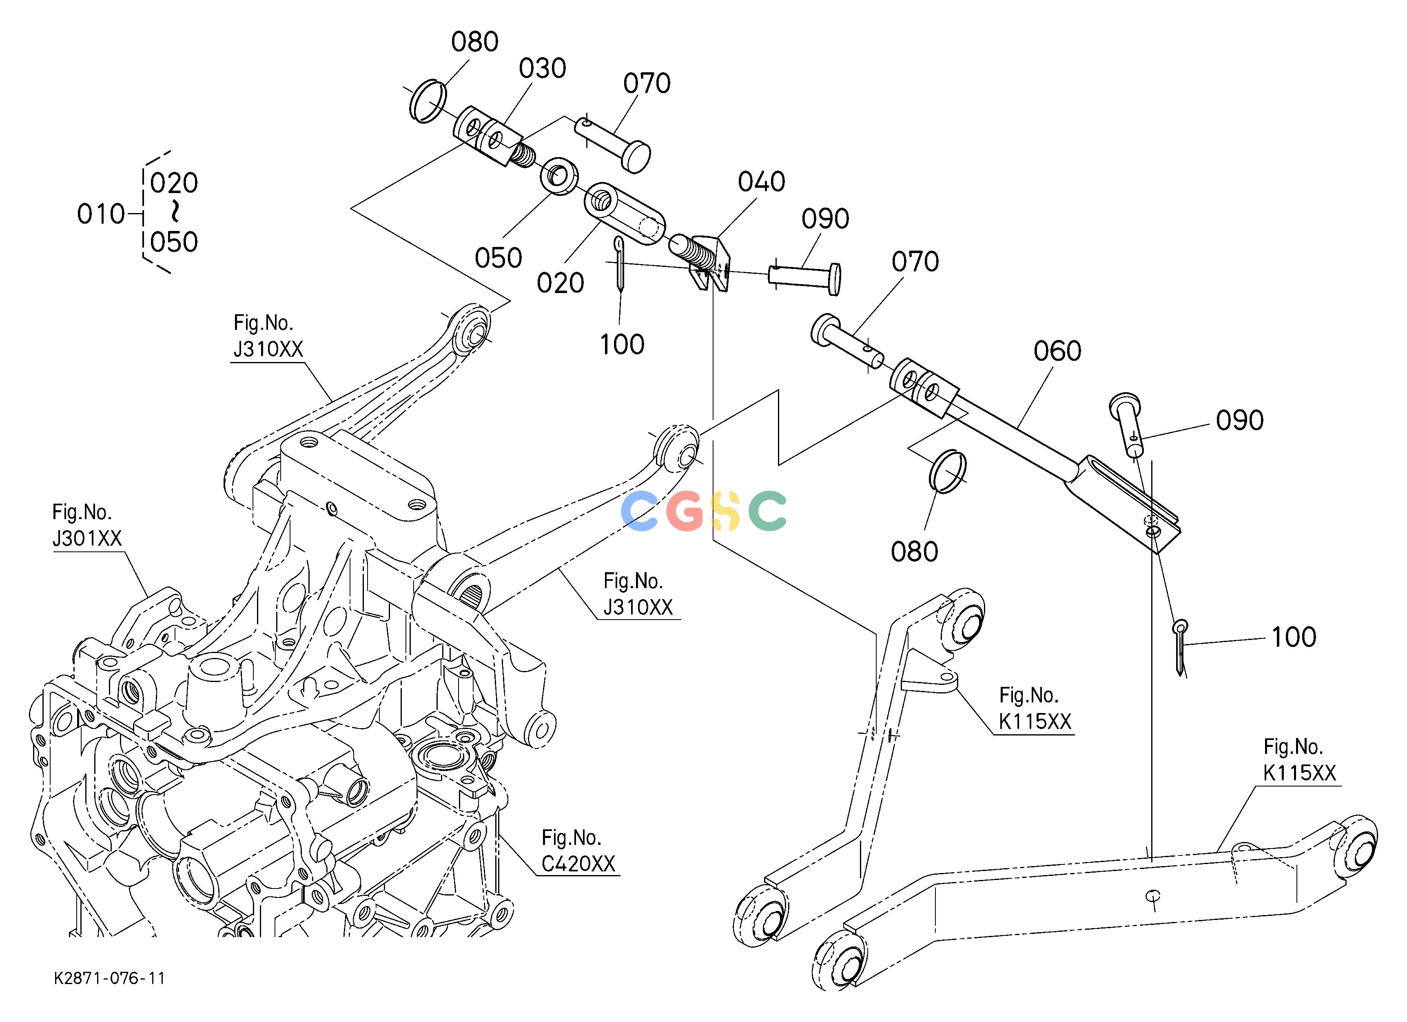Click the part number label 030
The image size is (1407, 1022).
click(542, 68)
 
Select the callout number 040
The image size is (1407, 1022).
click(761, 182)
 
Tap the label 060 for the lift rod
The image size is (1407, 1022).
click(1057, 351)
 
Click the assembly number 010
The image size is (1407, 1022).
click(100, 215)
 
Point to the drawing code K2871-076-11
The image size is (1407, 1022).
click(110, 979)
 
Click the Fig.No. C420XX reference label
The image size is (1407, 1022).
click(578, 851)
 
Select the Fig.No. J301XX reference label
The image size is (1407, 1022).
click(87, 525)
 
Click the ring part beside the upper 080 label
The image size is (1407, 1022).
click(428, 101)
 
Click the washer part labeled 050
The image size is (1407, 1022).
click(560, 177)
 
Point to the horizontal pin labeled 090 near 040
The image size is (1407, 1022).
click(804, 277)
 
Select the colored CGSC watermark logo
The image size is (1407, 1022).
click(703, 511)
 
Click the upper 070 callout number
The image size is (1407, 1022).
click(647, 83)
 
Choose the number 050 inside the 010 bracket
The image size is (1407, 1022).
click(174, 242)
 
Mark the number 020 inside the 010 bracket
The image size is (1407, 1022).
click(174, 184)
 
